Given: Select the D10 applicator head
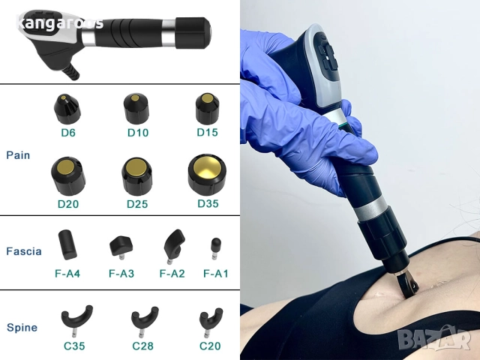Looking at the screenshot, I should point(136,109).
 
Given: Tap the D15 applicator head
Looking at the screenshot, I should point(206,109).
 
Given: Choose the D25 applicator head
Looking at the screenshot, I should point(136,174).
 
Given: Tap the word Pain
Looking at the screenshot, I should point(18,155).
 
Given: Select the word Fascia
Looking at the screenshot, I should point(23,251).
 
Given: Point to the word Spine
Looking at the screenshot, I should point(21,328).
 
